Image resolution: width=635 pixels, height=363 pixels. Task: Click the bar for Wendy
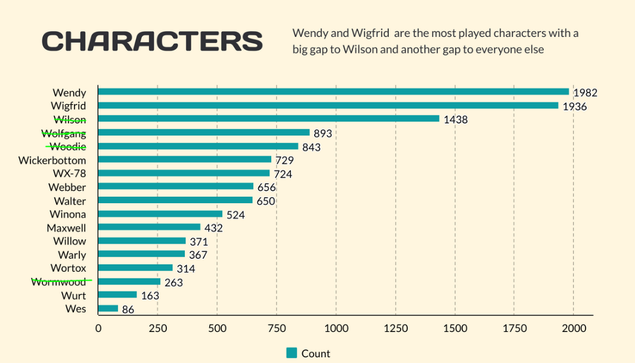[333, 92]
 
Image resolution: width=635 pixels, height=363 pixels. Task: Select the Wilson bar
[268, 119]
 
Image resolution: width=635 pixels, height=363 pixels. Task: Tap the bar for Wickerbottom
[185, 160]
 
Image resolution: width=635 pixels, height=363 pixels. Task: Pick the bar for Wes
[108, 309]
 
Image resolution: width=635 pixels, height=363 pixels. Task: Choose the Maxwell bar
[149, 227]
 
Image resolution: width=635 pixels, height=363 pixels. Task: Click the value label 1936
[575, 107]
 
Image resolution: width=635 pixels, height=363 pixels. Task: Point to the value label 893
[323, 134]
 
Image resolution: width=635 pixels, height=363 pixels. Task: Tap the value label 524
[236, 215]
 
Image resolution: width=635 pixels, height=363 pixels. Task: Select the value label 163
[150, 296]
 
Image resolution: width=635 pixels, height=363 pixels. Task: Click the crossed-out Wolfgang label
[64, 133]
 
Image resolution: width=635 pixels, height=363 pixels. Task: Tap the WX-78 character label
[69, 173]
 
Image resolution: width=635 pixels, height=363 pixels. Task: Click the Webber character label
[67, 187]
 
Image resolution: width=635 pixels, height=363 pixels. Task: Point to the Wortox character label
[68, 268]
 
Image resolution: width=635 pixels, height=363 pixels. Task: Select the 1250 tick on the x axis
[395, 328]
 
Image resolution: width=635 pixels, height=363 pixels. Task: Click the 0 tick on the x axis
[98, 328]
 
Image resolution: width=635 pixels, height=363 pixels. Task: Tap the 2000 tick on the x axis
[574, 328]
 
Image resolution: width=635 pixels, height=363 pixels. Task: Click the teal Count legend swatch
[292, 353]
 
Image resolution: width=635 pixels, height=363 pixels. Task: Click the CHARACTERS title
[152, 41]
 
